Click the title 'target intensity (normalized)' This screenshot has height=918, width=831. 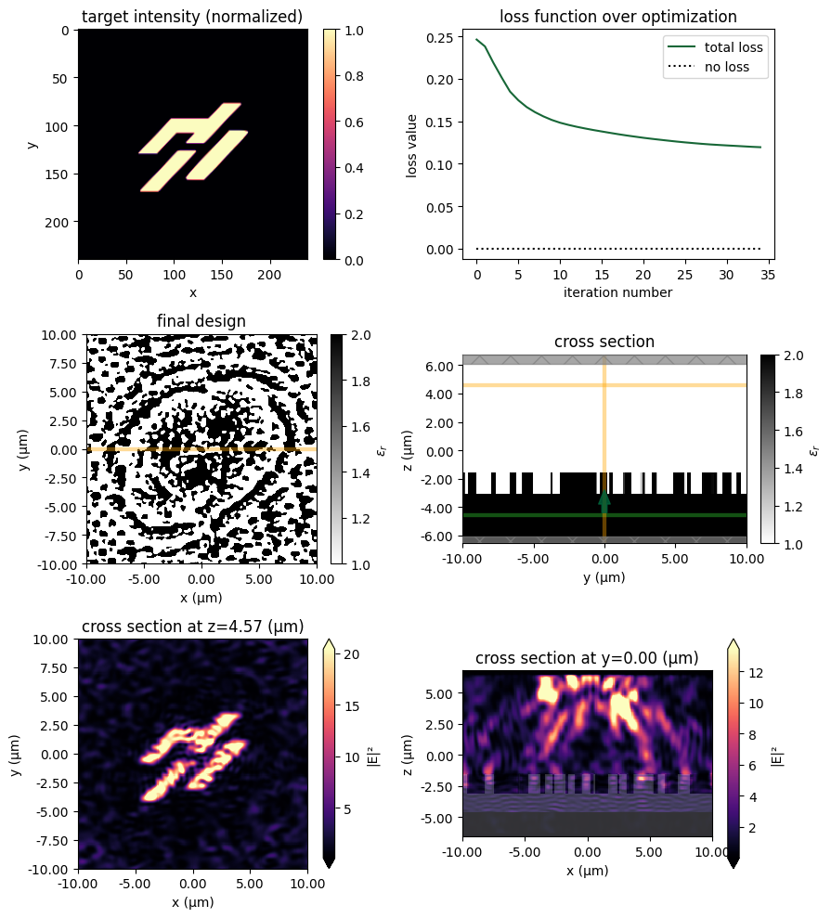point(192,16)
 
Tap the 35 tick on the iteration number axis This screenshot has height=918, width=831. point(769,276)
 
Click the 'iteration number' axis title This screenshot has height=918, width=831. point(617,293)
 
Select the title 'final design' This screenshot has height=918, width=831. point(201,321)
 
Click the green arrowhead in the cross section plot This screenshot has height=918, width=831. point(604,501)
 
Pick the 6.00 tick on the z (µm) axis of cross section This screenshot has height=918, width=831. point(440,366)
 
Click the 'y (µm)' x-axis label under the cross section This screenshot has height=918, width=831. point(604,576)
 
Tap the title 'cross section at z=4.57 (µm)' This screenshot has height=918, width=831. point(192,627)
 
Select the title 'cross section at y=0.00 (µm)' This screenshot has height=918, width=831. point(587,658)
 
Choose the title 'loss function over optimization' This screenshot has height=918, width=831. point(617,16)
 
